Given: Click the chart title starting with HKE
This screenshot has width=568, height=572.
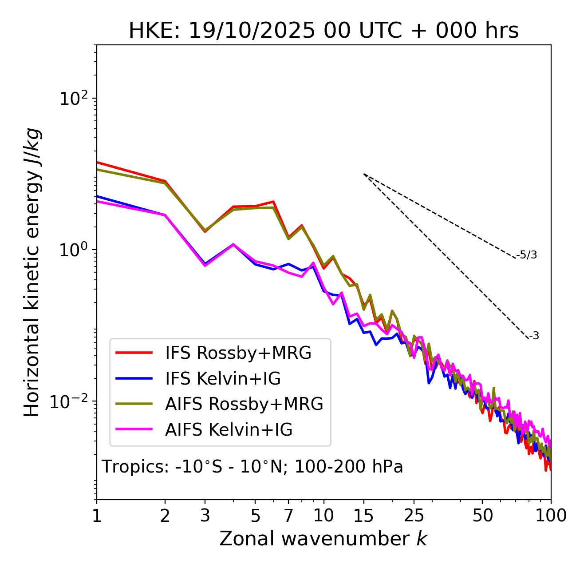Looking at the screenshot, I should (x=323, y=31).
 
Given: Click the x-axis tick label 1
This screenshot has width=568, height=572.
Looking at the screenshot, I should (x=97, y=516).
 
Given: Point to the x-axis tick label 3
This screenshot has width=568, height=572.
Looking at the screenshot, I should (x=205, y=516).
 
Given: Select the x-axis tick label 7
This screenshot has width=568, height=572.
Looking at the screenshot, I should (x=289, y=516).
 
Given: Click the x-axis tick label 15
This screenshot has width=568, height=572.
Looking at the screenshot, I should (x=364, y=516).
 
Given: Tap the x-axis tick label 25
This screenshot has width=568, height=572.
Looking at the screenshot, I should (x=414, y=516).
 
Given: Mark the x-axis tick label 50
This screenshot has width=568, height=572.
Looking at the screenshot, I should (x=482, y=516).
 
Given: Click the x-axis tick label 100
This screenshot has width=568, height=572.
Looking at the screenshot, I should (x=551, y=516).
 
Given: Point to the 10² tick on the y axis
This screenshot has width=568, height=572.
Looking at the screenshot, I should (x=73, y=99).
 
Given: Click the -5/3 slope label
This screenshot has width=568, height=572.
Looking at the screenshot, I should (x=527, y=255).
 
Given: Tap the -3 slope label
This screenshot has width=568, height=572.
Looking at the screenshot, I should (x=534, y=336).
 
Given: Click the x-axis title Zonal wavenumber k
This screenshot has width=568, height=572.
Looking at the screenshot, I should (x=323, y=539).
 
